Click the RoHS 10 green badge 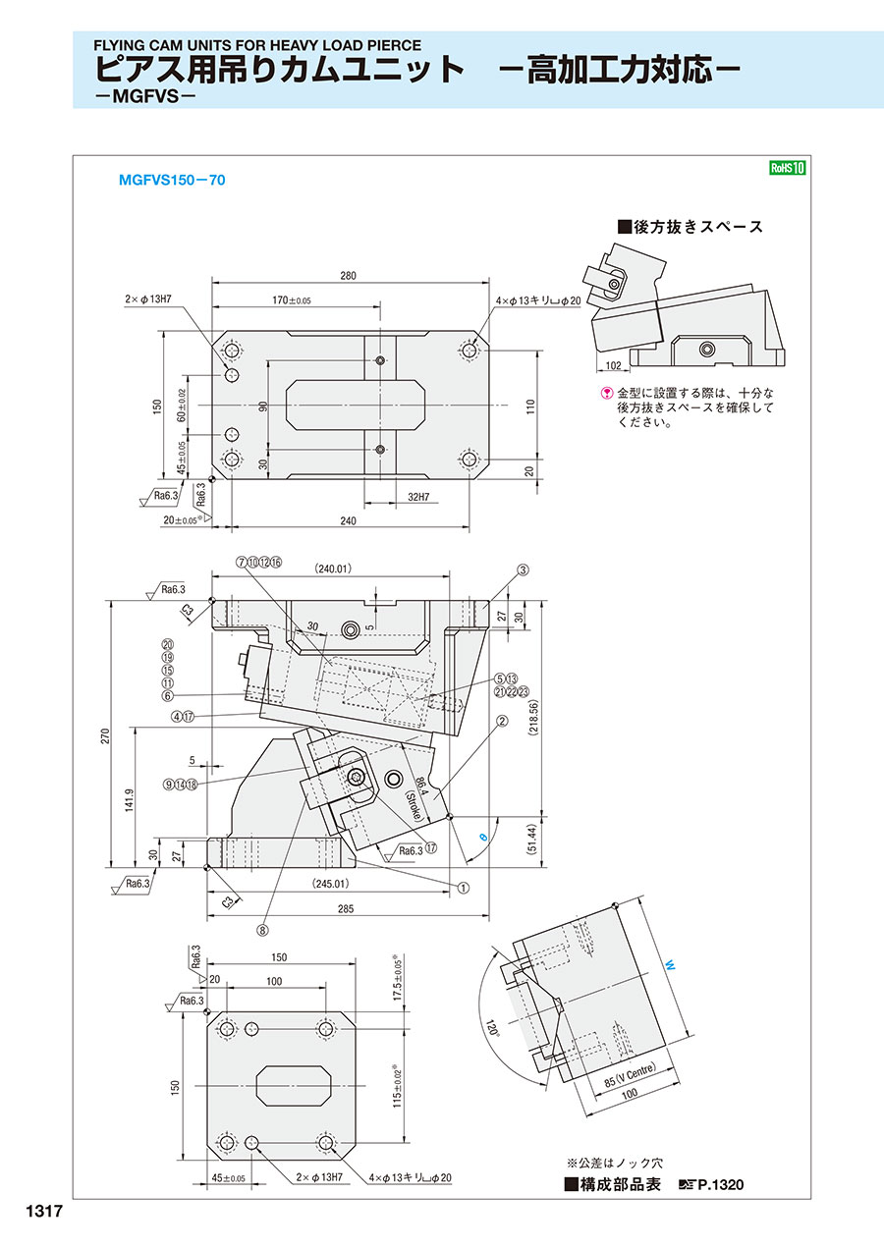click(787, 167)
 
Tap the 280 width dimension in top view click(349, 276)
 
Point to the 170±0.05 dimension click(290, 300)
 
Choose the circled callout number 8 click(263, 927)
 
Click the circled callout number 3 click(524, 570)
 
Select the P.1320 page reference click(720, 1185)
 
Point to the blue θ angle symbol click(482, 836)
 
